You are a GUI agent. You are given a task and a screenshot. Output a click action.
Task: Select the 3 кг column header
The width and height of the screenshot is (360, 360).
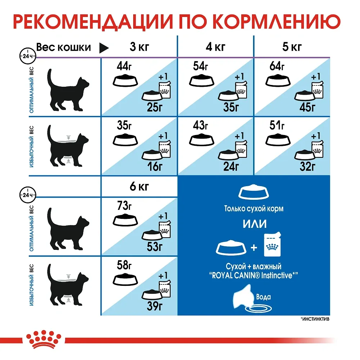click(138, 47)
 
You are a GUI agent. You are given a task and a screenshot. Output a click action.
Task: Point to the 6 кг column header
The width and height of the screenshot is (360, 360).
click(138, 187)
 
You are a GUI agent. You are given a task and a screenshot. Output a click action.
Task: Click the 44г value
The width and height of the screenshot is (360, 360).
click(125, 66)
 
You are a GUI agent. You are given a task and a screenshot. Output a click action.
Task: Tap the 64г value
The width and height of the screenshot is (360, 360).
click(277, 66)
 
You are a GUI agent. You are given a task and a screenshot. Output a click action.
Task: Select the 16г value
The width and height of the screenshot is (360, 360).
click(155, 167)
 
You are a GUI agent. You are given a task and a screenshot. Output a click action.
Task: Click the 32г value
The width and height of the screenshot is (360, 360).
click(307, 167)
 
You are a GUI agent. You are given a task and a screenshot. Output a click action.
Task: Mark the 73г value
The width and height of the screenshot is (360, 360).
click(125, 206)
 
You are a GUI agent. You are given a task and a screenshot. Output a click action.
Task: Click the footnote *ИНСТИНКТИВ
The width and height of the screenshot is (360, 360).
click(314, 319)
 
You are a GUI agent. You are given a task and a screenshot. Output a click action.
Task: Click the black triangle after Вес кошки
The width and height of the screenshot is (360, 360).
click(104, 47)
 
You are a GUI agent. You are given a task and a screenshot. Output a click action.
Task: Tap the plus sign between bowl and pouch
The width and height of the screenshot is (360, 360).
click(254, 248)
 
